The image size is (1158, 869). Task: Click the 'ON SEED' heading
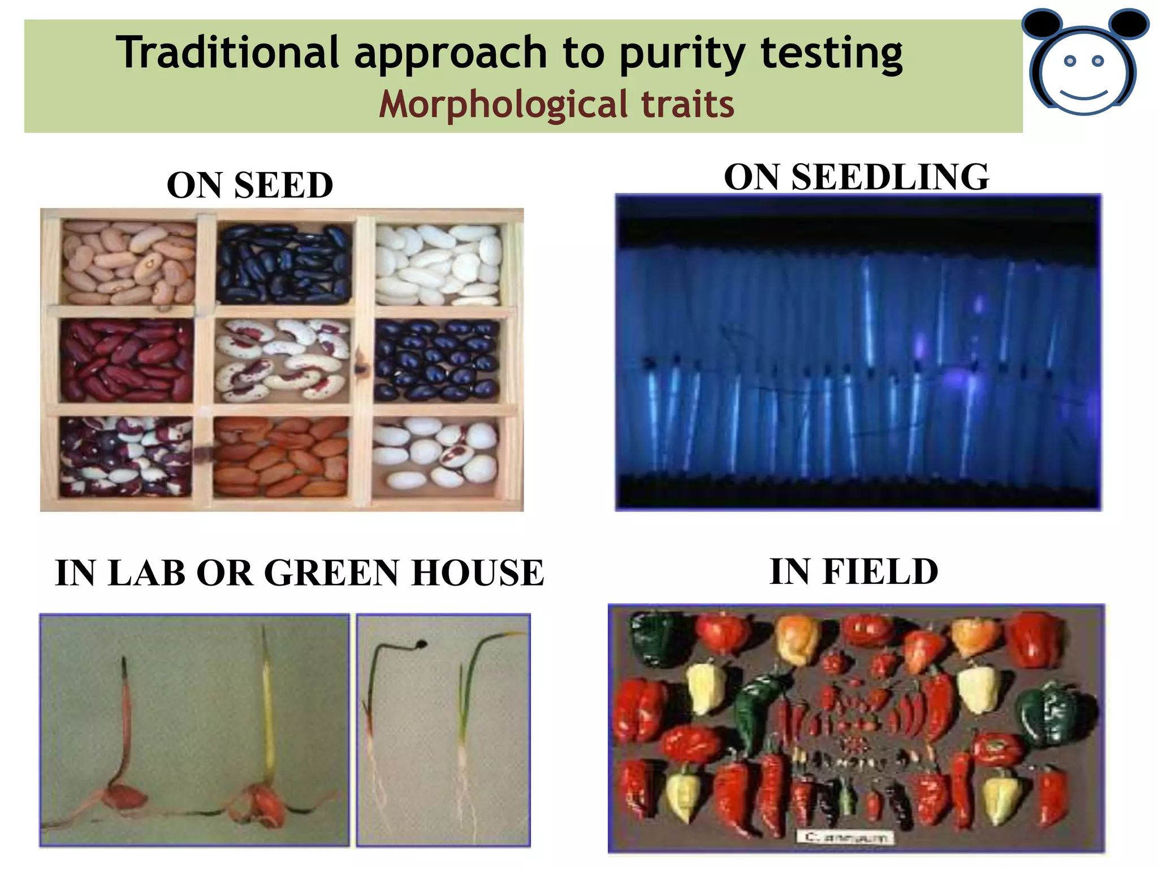point(250,185)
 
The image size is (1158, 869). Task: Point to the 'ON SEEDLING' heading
point(857,177)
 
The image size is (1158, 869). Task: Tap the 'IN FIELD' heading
point(854,571)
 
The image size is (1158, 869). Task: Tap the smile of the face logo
point(1083,94)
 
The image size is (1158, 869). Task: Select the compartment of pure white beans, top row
point(438,264)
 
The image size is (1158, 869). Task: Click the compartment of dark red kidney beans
point(127,360)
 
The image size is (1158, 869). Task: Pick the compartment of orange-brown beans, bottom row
point(281,456)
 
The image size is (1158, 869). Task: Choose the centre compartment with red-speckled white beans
point(283,360)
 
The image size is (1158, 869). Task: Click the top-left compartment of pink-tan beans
point(129,263)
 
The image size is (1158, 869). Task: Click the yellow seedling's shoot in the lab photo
point(267,707)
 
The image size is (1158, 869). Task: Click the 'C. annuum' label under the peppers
point(845,836)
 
